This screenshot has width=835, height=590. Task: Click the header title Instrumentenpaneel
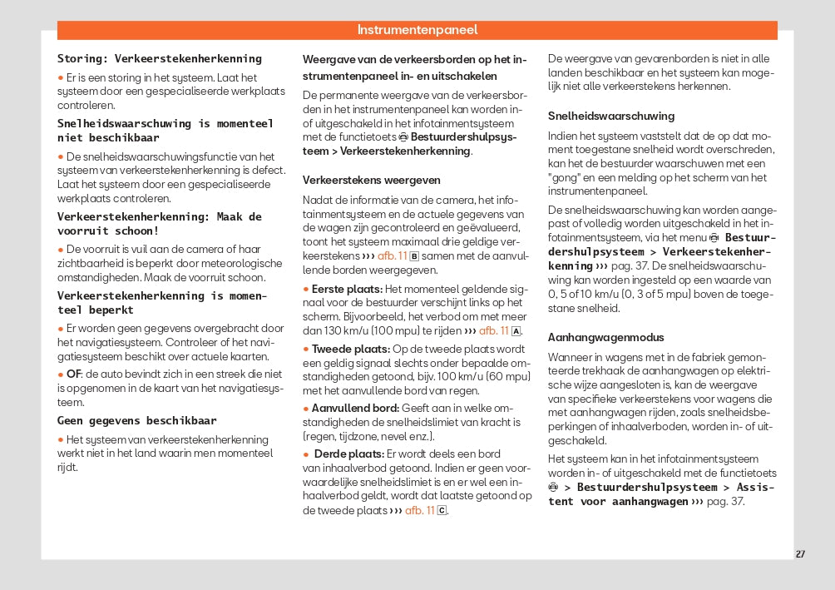417,30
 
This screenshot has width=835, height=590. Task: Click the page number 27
800,554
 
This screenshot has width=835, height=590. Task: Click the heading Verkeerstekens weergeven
371,180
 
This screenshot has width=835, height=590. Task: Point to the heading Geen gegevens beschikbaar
136,420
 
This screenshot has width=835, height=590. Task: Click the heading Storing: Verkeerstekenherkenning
159,58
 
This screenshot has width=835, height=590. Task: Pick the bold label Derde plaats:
348,454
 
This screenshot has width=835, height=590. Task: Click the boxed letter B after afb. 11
414,255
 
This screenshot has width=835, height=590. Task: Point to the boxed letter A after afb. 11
516,330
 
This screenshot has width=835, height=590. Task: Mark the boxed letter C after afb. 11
442,511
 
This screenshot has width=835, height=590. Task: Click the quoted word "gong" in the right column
565,177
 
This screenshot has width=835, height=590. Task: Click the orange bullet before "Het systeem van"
60,439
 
